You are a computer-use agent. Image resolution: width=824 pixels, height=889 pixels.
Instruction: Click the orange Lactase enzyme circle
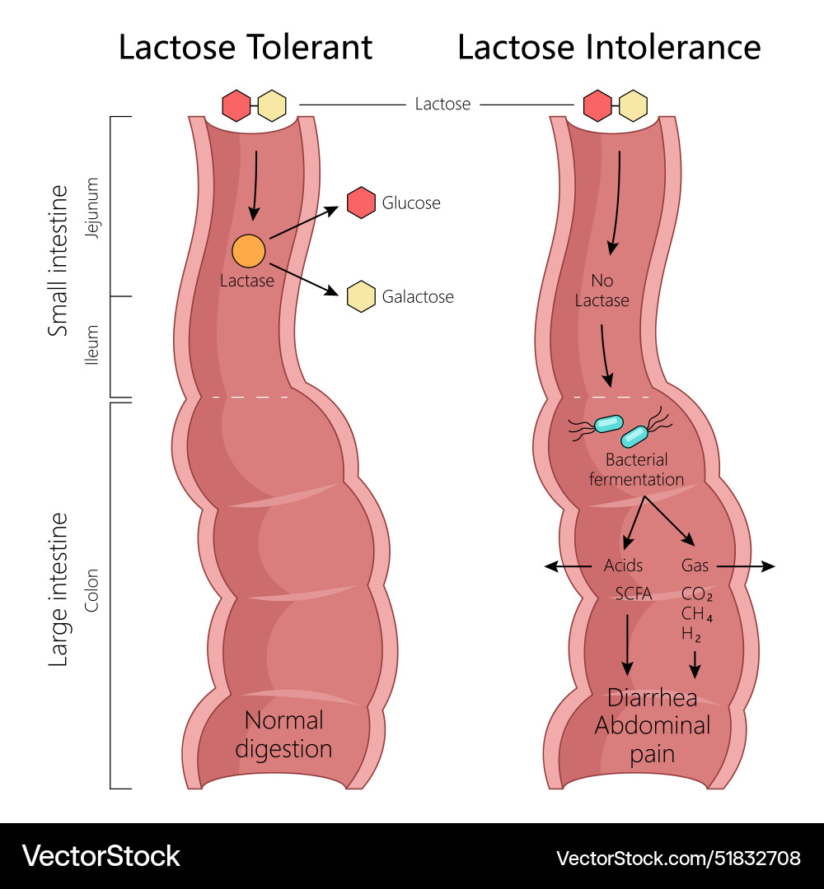tap(249, 250)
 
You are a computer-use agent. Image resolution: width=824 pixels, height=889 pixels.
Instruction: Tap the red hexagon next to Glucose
tap(362, 202)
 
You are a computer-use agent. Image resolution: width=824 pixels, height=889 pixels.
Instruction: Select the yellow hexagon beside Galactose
tap(362, 296)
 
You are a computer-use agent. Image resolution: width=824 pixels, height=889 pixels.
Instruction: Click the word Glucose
tap(411, 202)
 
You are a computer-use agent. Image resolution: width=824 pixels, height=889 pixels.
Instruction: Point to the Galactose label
tap(418, 296)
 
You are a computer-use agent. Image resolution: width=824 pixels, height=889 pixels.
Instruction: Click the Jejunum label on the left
tap(92, 207)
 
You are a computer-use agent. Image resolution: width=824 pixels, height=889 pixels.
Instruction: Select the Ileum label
tap(92, 346)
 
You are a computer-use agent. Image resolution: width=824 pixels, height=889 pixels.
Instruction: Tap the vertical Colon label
tap(92, 590)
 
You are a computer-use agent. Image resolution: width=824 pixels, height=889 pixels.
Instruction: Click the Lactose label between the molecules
tap(442, 105)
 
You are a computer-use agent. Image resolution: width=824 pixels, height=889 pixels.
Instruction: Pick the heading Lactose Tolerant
tap(246, 47)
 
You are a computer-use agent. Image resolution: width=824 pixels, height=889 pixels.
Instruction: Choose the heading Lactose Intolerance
tap(609, 47)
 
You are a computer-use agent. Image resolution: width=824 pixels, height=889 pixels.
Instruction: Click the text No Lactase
tap(602, 290)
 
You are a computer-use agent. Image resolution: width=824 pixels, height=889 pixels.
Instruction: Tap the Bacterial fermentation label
tap(636, 469)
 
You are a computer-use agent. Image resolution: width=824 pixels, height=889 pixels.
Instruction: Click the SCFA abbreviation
tap(634, 593)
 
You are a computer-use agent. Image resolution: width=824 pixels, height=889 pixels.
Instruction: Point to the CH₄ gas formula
tap(697, 613)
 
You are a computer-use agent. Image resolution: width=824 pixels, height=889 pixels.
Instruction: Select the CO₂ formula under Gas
tap(697, 593)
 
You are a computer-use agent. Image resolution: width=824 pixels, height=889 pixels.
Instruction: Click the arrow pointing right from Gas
tap(746, 566)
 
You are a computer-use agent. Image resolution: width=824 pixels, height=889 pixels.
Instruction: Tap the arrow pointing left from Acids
tap(568, 566)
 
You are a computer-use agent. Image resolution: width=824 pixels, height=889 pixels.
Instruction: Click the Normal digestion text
tap(283, 734)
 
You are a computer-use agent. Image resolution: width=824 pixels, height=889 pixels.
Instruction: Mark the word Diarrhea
tap(652, 698)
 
